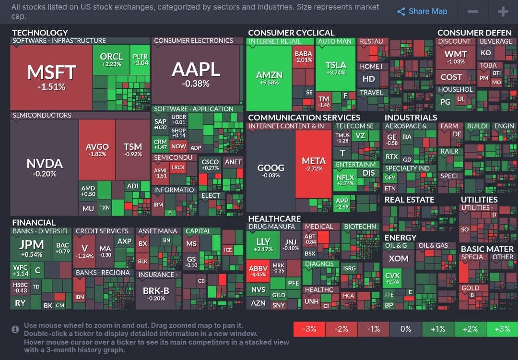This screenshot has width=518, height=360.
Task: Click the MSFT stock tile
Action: (x=51, y=77)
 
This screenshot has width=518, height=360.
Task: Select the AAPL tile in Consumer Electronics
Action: (x=196, y=74)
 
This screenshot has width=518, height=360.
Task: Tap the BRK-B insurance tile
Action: (x=156, y=293)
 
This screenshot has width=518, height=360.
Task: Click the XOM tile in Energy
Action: (x=399, y=259)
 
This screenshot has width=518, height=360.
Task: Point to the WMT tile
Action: (x=455, y=57)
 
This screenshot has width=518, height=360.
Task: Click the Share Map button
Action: (x=422, y=12)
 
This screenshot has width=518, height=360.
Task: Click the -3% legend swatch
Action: (x=309, y=329)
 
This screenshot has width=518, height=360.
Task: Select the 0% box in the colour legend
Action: (x=406, y=329)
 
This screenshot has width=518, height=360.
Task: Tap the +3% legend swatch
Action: (x=502, y=329)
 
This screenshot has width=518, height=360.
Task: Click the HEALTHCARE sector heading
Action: (x=274, y=218)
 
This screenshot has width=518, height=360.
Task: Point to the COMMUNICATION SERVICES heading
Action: (x=304, y=117)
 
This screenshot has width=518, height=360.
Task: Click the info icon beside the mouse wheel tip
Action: (x=15, y=329)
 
